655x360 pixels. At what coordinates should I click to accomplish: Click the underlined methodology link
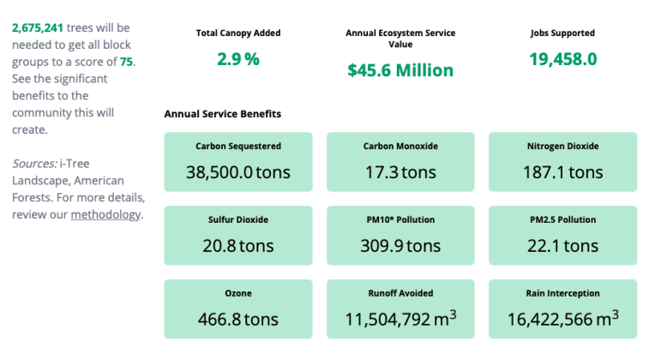(105, 214)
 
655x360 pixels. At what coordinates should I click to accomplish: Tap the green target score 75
(126, 62)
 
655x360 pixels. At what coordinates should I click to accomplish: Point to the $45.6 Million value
(400, 70)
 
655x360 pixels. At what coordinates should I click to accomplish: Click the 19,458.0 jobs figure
(562, 59)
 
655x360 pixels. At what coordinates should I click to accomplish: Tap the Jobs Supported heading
(562, 33)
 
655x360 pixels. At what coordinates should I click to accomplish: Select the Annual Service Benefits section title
(222, 113)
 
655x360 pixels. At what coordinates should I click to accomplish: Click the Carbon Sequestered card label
(238, 147)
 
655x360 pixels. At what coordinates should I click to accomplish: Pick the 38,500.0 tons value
(238, 172)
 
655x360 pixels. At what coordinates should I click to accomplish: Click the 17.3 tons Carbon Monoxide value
(400, 172)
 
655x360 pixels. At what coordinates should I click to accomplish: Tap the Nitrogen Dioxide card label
(562, 147)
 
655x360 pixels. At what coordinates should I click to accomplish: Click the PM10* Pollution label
(400, 220)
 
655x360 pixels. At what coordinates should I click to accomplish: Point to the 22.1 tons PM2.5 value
(562, 246)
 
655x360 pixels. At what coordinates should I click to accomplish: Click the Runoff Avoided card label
(400, 294)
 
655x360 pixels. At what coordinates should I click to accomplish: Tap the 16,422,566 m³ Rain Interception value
(562, 320)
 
